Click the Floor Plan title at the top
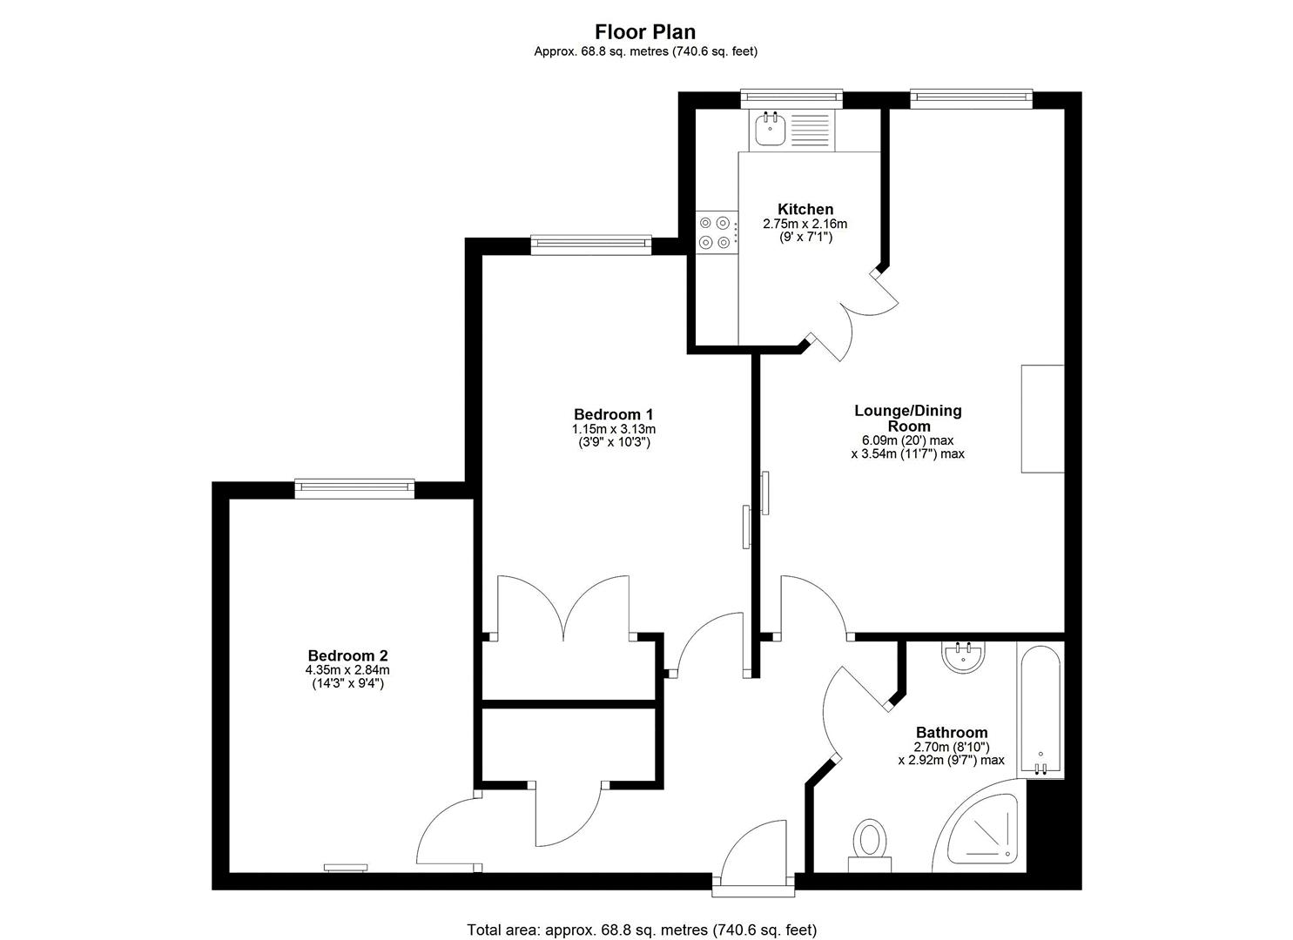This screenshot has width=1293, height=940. (645, 32)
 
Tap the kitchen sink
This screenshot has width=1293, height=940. (771, 129)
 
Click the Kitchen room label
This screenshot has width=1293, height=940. (805, 209)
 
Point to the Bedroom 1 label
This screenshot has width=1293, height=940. (613, 414)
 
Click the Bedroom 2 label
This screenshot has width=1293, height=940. (347, 655)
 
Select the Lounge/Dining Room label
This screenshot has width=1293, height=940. (907, 418)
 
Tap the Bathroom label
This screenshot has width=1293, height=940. (951, 732)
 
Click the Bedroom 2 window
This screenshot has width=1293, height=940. (354, 488)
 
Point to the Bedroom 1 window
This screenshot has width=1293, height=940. (591, 245)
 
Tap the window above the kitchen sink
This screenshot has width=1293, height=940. (791, 98)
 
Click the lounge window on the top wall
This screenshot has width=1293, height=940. (971, 98)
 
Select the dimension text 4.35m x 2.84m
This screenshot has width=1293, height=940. (347, 670)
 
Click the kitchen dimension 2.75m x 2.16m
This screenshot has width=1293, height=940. (805, 224)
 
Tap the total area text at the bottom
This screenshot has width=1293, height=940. (642, 930)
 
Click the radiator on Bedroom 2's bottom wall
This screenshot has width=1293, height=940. (346, 867)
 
